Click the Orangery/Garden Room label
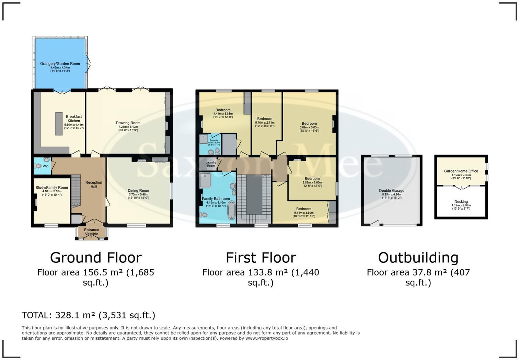click(60, 64)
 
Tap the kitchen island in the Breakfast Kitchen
click(59, 124)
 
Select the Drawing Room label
click(128, 123)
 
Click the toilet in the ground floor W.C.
click(38, 166)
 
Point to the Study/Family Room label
click(52, 188)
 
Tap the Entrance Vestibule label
click(92, 232)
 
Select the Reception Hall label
click(94, 184)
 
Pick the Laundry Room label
click(211, 164)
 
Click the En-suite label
click(214, 140)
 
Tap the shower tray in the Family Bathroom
click(206, 180)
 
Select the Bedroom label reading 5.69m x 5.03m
click(309, 124)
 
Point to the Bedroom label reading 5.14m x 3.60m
click(304, 209)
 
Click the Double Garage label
click(392, 191)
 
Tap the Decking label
click(461, 202)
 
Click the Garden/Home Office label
click(461, 171)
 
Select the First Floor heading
click(261, 258)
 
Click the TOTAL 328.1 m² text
click(88, 315)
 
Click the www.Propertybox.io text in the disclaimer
click(267, 338)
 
